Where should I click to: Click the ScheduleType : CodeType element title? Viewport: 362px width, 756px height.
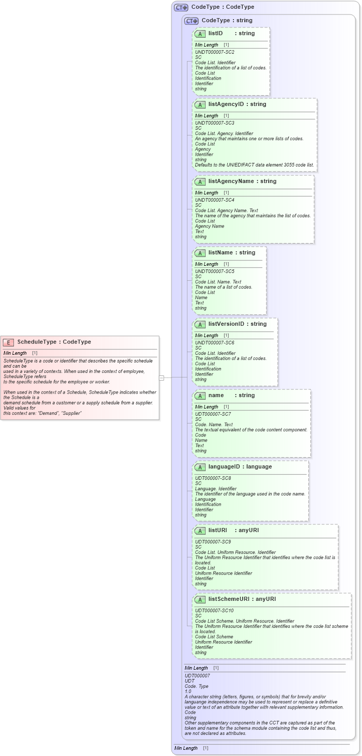(x=54, y=342)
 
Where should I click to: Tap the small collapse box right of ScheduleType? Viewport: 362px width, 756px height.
(x=162, y=377)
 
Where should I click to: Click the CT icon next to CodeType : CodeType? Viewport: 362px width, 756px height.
(x=181, y=8)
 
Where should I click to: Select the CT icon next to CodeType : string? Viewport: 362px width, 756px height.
(x=191, y=21)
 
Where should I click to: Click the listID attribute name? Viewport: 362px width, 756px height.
(x=215, y=34)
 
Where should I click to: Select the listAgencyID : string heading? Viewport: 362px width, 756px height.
(x=237, y=104)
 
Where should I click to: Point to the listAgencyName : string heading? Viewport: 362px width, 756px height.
(x=242, y=182)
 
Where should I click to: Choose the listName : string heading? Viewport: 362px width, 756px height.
(x=231, y=253)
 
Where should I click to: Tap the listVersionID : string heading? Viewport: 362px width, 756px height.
(x=237, y=324)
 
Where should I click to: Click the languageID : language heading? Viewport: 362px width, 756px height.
(x=240, y=467)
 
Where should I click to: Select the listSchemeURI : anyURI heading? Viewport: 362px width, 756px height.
(x=242, y=599)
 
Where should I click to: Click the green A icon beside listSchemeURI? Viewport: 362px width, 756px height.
(x=200, y=600)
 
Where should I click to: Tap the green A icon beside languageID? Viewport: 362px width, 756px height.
(x=200, y=467)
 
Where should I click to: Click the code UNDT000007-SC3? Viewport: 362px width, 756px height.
(x=214, y=123)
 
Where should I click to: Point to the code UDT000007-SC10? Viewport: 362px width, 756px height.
(x=214, y=611)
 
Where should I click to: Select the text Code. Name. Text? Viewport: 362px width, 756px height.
(x=214, y=425)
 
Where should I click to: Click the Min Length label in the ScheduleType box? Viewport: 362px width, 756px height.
(x=15, y=353)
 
